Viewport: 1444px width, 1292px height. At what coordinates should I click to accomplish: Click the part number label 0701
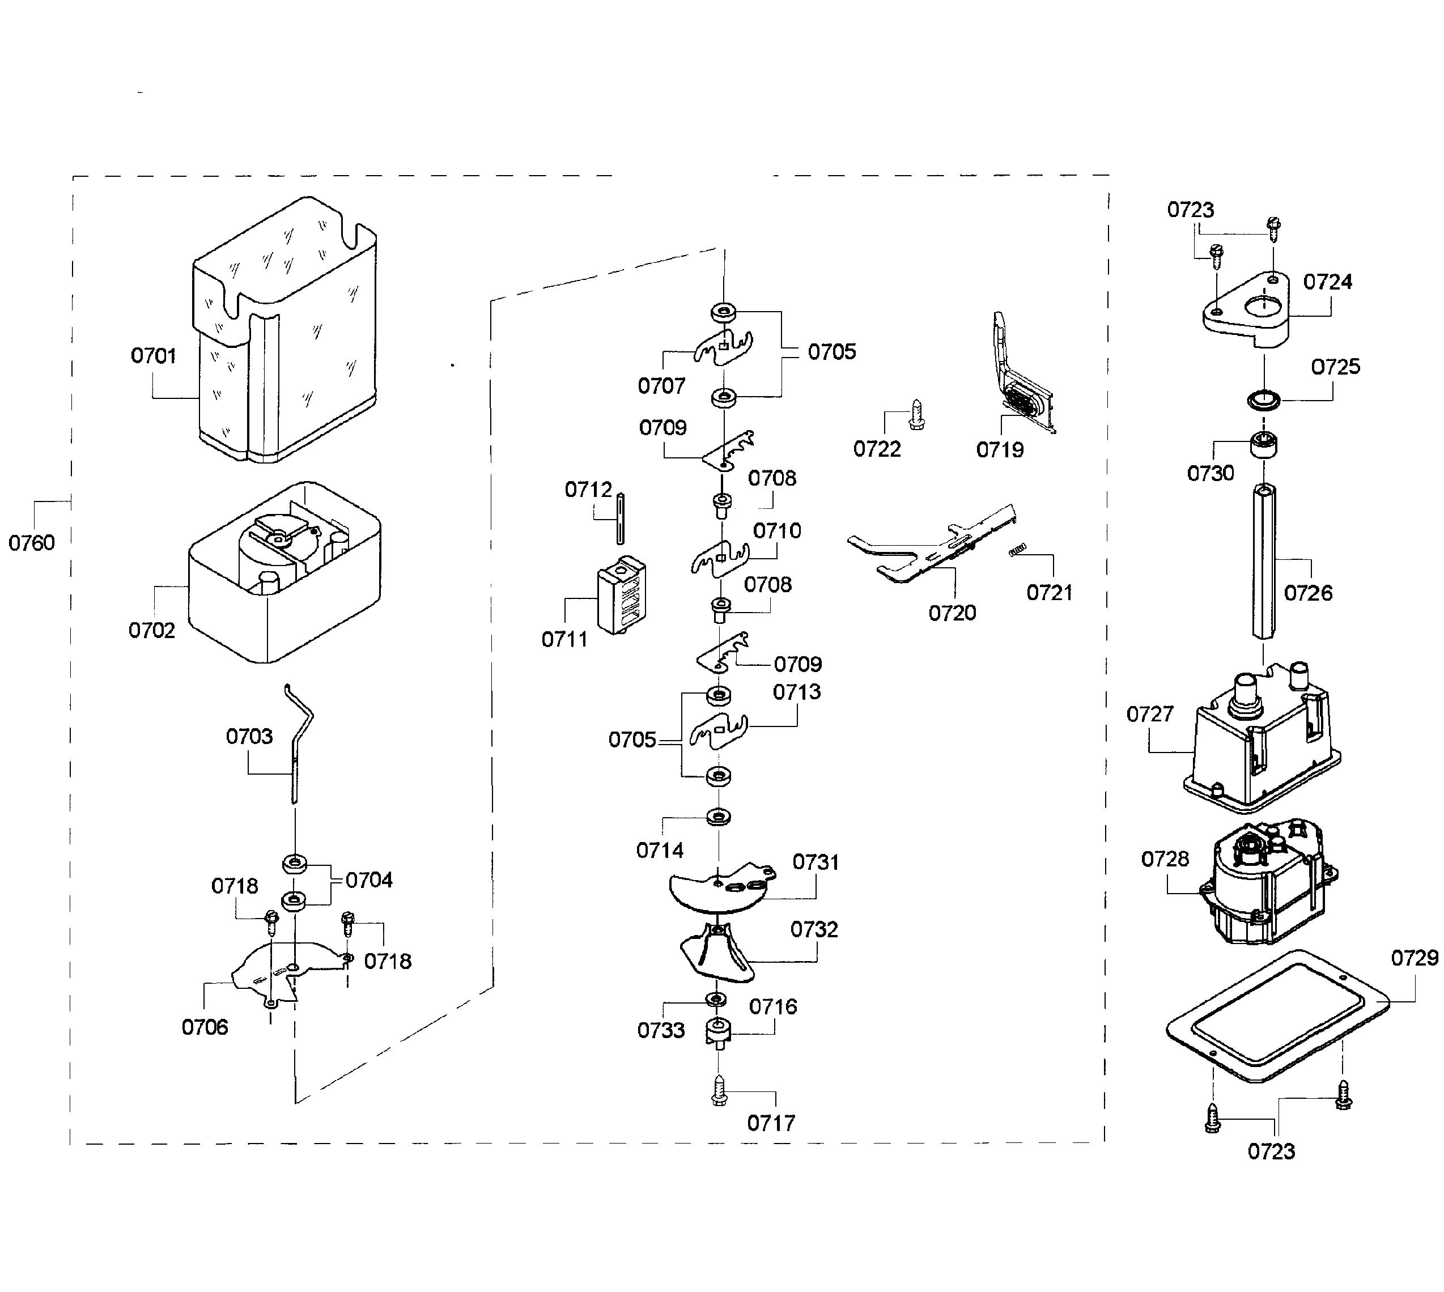click(x=154, y=356)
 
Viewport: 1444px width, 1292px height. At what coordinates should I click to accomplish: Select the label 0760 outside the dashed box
click(x=31, y=543)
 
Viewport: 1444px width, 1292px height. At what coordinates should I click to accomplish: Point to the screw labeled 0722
click(x=916, y=414)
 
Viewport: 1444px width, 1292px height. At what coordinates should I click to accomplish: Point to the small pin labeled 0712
click(x=621, y=518)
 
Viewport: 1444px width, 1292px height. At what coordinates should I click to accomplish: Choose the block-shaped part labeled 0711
click(x=621, y=594)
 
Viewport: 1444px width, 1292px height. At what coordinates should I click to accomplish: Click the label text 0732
click(x=814, y=929)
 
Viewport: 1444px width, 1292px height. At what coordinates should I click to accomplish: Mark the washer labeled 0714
click(x=719, y=817)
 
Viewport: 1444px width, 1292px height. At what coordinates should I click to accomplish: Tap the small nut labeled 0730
click(x=1264, y=445)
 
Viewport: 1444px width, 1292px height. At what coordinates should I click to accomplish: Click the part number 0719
click(x=1000, y=449)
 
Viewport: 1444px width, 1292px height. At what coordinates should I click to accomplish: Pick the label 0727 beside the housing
click(x=1150, y=714)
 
